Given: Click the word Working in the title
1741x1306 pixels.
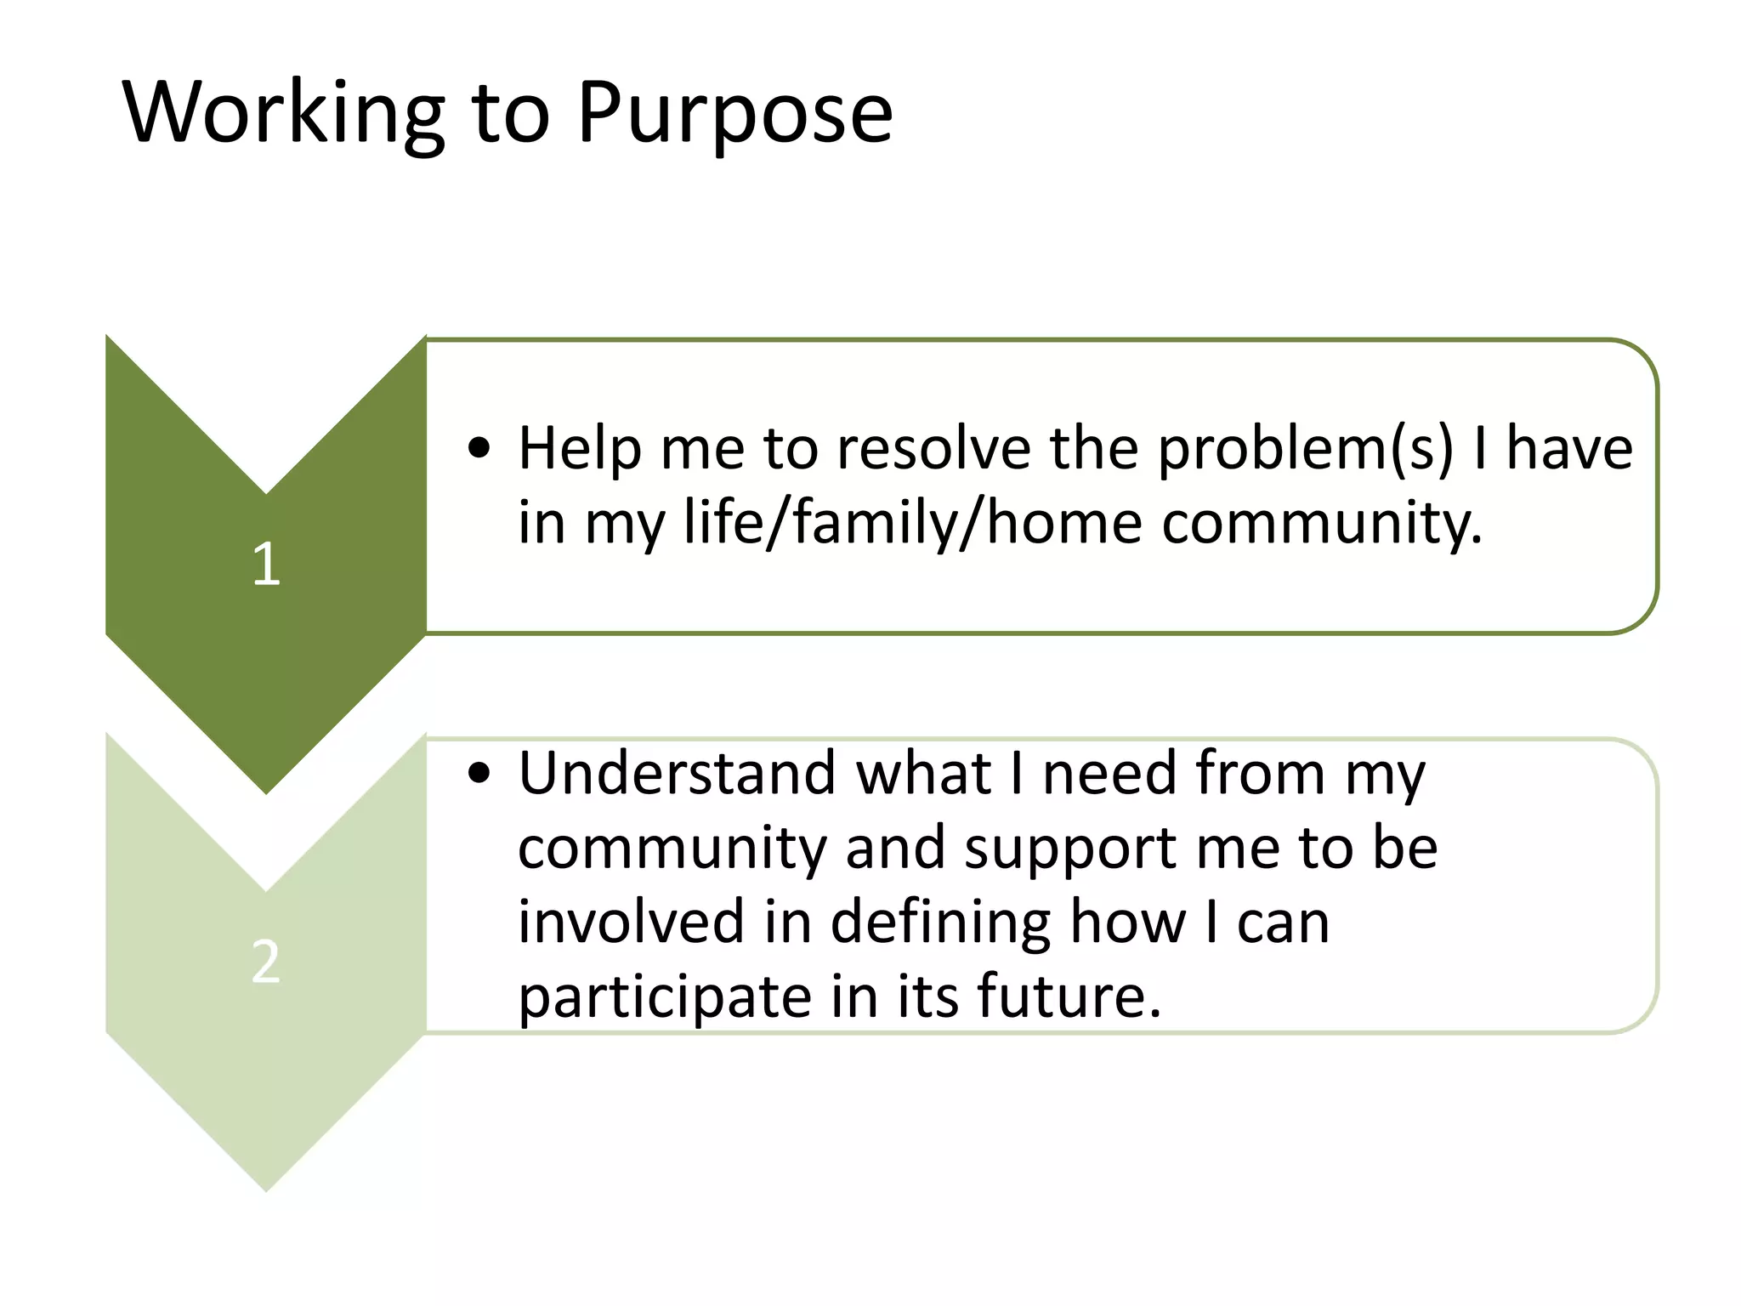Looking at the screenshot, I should click(x=283, y=113).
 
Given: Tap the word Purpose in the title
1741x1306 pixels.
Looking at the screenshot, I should click(x=734, y=113).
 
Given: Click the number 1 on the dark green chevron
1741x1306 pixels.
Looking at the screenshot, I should click(x=266, y=564).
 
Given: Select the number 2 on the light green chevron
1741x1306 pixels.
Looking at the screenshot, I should click(x=266, y=962).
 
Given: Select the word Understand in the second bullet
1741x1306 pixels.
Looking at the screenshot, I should click(x=677, y=773).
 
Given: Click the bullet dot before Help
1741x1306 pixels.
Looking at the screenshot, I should click(x=479, y=448).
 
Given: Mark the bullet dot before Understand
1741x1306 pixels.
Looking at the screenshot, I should click(x=479, y=773).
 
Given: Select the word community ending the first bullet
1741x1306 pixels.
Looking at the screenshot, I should click(x=1321, y=522).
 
